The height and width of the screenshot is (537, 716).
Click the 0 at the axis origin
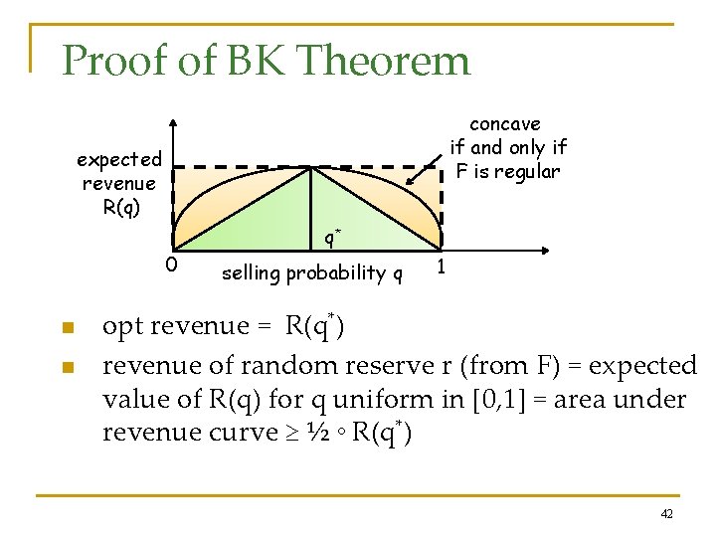pos(171,265)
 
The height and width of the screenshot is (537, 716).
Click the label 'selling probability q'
pos(311,272)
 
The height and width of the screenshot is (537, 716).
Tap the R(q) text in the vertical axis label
pos(121,207)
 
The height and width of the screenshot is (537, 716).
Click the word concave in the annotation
pos(505,124)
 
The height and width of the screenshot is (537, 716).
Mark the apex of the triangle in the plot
pos(311,167)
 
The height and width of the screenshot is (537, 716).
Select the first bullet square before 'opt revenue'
pos(67,328)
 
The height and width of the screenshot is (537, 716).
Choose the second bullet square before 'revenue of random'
pos(67,368)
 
